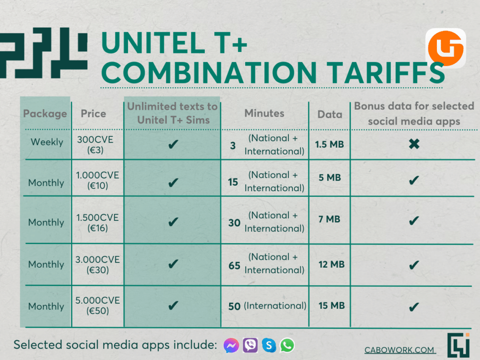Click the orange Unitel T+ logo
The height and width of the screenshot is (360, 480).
(445, 48)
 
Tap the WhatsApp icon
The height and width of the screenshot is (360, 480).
(287, 345)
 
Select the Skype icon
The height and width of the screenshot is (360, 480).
(269, 345)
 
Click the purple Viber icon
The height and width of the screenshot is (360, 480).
(250, 345)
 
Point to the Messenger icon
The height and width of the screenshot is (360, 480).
(231, 345)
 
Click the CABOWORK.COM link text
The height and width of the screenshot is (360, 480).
(399, 350)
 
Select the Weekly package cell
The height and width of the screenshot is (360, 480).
(47, 142)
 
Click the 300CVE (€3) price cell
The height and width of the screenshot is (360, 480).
(95, 144)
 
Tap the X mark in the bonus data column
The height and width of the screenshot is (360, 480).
(414, 143)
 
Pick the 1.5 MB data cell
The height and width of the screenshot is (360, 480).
(330, 144)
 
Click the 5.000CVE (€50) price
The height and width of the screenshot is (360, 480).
(97, 305)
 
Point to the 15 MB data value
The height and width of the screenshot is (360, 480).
(331, 306)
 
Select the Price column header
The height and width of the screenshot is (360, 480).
(93, 113)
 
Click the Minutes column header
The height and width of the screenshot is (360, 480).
(264, 113)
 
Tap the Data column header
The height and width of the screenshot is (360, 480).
(330, 114)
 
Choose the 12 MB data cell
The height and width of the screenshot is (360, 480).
(331, 264)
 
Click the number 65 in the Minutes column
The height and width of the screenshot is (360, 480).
(234, 265)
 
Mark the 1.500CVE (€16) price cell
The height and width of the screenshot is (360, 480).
(97, 223)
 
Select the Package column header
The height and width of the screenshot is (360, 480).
(45, 114)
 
